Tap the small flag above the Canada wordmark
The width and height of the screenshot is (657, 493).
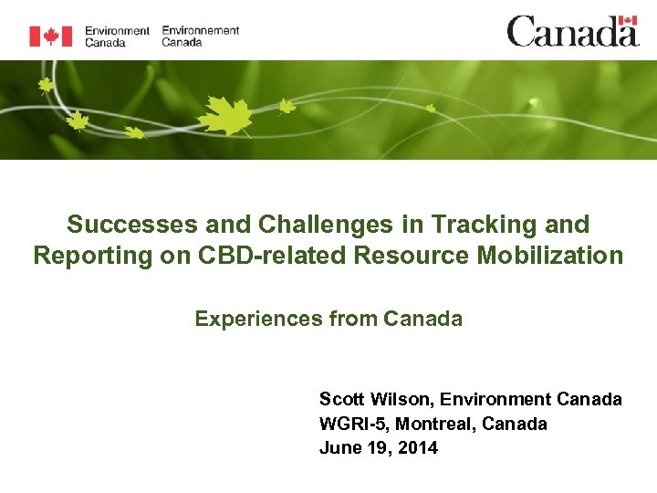[x=627, y=21]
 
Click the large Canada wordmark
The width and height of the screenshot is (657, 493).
[x=571, y=32]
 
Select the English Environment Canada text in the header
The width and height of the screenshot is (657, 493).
[x=117, y=36]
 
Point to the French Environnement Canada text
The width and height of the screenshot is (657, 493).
[x=200, y=36]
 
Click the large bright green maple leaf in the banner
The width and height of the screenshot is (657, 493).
[x=224, y=116]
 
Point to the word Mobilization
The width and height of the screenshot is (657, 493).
[x=550, y=256]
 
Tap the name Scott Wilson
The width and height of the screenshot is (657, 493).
[x=375, y=399]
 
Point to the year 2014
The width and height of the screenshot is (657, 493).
[x=417, y=447]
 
